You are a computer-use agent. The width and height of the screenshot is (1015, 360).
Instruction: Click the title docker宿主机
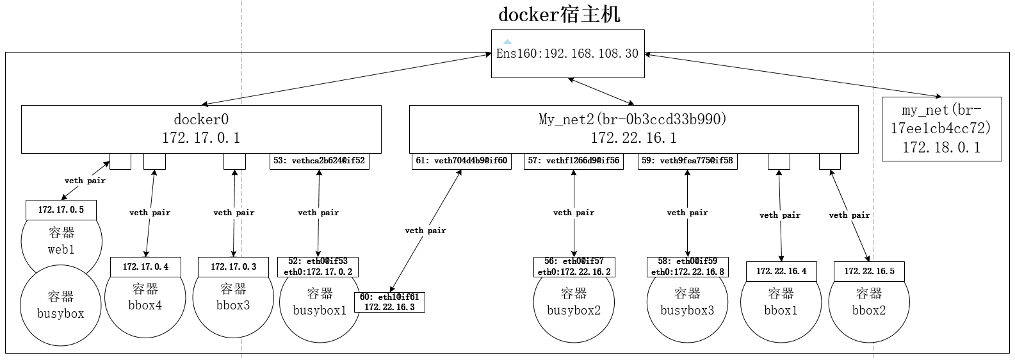click(x=559, y=14)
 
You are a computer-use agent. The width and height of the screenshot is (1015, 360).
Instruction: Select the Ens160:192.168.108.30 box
click(x=568, y=54)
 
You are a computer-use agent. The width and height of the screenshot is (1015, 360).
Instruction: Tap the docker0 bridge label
click(x=201, y=119)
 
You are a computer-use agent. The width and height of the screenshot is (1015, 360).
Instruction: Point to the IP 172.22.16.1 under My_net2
click(x=633, y=138)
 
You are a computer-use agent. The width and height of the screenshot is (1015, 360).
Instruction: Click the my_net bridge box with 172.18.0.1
click(x=941, y=129)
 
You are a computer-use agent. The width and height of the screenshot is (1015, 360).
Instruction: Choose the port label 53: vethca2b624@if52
click(x=320, y=161)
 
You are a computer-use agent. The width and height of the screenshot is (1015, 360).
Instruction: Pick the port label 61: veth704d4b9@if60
click(x=462, y=161)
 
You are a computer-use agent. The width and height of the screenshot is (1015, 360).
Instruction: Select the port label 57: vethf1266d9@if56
click(x=574, y=161)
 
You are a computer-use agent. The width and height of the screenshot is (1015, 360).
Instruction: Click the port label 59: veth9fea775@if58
click(x=687, y=161)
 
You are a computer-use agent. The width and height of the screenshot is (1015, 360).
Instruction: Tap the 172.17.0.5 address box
click(x=61, y=210)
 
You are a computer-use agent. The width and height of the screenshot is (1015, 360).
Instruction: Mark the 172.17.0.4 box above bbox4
click(x=145, y=267)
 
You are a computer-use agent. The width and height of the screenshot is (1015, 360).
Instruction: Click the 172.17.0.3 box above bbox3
click(x=233, y=267)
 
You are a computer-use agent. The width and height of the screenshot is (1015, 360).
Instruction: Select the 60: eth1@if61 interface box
click(x=390, y=302)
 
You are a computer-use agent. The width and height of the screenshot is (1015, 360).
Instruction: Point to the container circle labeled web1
click(x=61, y=241)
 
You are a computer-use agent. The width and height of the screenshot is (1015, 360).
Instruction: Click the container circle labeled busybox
click(x=61, y=306)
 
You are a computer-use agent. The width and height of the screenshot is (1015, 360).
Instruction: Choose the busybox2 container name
click(x=574, y=311)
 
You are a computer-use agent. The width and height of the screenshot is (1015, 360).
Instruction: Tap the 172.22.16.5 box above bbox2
click(x=869, y=272)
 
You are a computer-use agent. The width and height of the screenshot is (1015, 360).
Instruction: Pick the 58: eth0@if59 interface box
click(x=688, y=267)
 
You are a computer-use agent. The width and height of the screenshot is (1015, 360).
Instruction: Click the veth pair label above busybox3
click(x=687, y=213)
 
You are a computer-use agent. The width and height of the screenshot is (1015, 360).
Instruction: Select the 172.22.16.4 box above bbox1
click(x=781, y=272)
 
